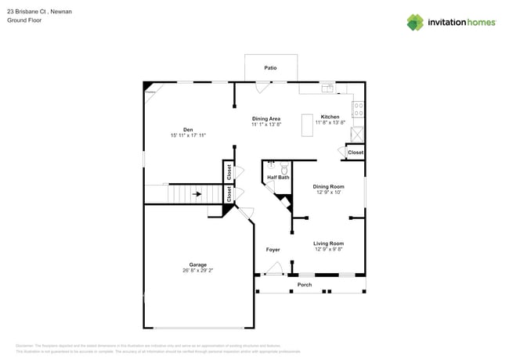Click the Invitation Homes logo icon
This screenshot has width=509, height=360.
415,22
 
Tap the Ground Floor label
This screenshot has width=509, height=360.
23,20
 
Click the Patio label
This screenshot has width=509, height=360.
270,68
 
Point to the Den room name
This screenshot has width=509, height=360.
188,129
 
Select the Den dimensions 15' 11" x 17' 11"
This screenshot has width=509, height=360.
188,135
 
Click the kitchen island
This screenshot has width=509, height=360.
307,126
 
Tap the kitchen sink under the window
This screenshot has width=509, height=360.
327,87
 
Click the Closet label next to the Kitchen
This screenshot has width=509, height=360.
356,153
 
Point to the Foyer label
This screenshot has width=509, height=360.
273,250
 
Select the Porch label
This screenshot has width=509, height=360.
305,285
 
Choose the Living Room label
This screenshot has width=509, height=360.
329,243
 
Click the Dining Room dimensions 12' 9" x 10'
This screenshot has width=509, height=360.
329,193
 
